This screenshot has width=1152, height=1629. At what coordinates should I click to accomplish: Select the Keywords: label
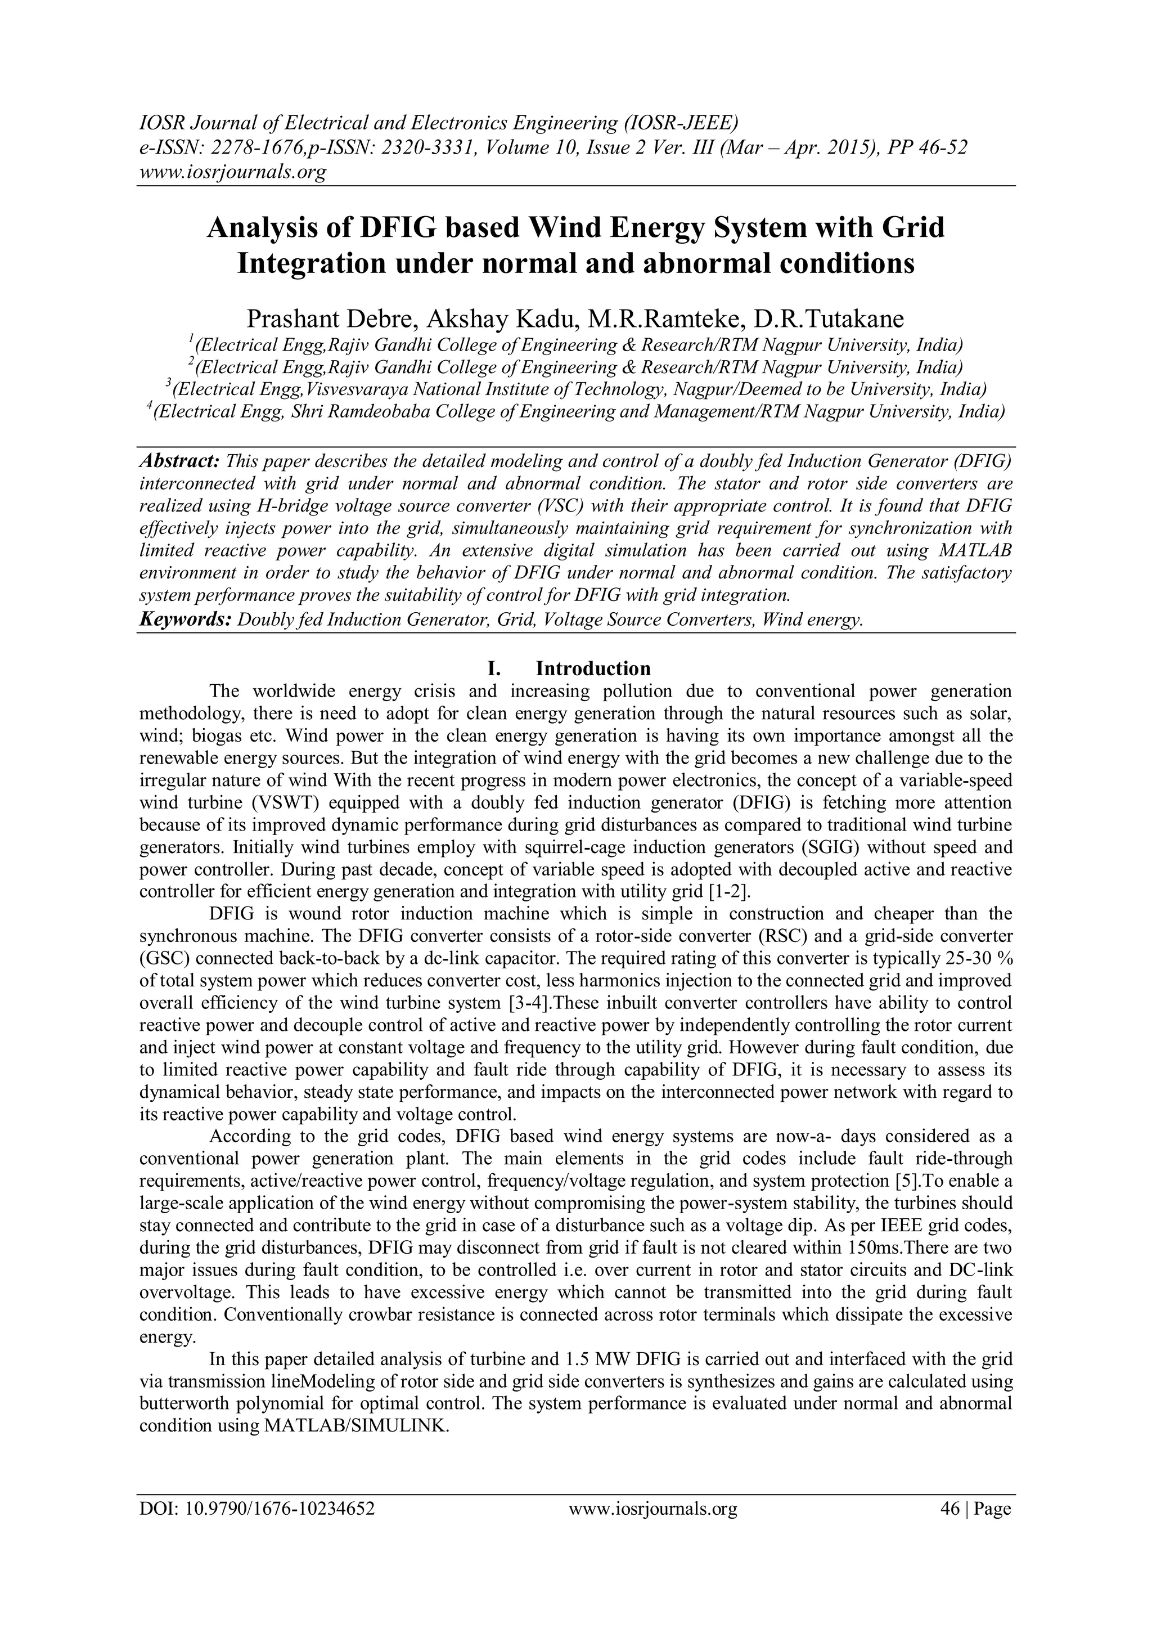(x=184, y=620)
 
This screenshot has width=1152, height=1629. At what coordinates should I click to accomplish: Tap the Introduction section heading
(x=593, y=668)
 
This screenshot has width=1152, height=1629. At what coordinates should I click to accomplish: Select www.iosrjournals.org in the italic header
(x=232, y=172)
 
